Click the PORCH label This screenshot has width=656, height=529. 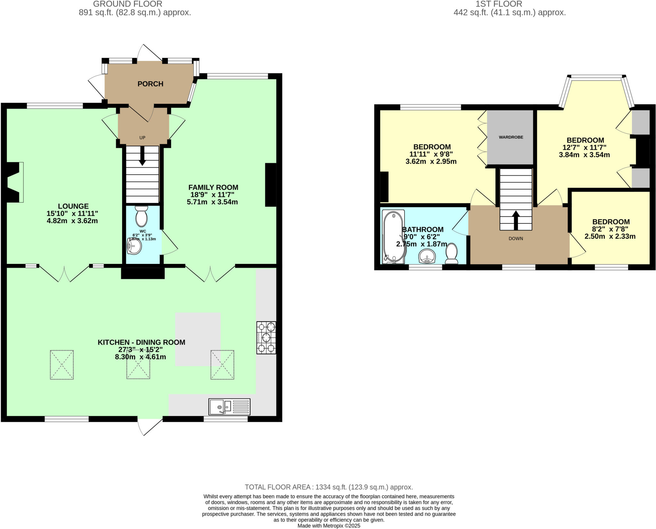[x=150, y=84]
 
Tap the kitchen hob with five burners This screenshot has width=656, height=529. [x=266, y=338]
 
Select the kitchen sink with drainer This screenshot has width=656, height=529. [x=229, y=407]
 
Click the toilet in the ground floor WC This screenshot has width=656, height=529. [x=141, y=216]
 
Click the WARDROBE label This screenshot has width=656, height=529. [x=511, y=137]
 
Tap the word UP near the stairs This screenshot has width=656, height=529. [x=142, y=138]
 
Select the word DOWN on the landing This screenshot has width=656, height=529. [x=516, y=239]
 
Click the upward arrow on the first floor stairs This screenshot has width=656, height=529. [x=516, y=220]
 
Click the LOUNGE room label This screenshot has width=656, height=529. [x=73, y=206]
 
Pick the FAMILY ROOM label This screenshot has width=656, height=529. [x=213, y=188]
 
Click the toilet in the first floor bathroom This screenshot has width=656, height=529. [x=452, y=253]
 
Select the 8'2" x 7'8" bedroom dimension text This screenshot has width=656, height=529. [x=611, y=229]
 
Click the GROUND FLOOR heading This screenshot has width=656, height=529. [x=127, y=4]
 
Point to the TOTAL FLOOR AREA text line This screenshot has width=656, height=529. [x=329, y=487]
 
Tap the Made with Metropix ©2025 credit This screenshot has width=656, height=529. [x=329, y=526]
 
